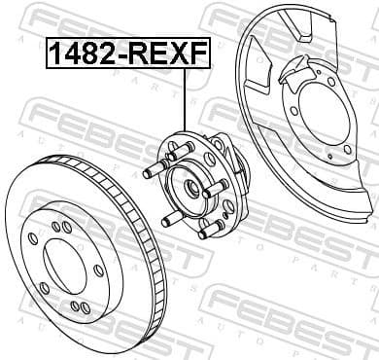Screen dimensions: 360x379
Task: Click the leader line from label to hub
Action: pos(184,102)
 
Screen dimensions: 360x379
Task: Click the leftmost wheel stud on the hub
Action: pos(152,174)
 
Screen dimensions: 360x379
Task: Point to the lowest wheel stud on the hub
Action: pos(204,232)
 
